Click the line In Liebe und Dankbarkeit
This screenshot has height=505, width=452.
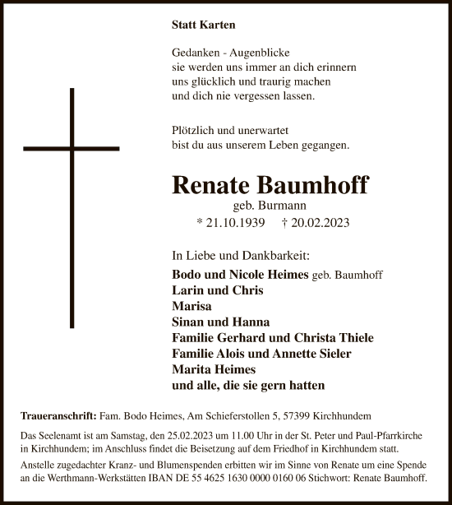tap(231, 256)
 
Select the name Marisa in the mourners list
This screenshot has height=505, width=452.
tap(191, 306)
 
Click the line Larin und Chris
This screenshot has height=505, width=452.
tap(214, 290)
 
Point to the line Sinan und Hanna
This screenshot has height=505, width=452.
tap(220, 322)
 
